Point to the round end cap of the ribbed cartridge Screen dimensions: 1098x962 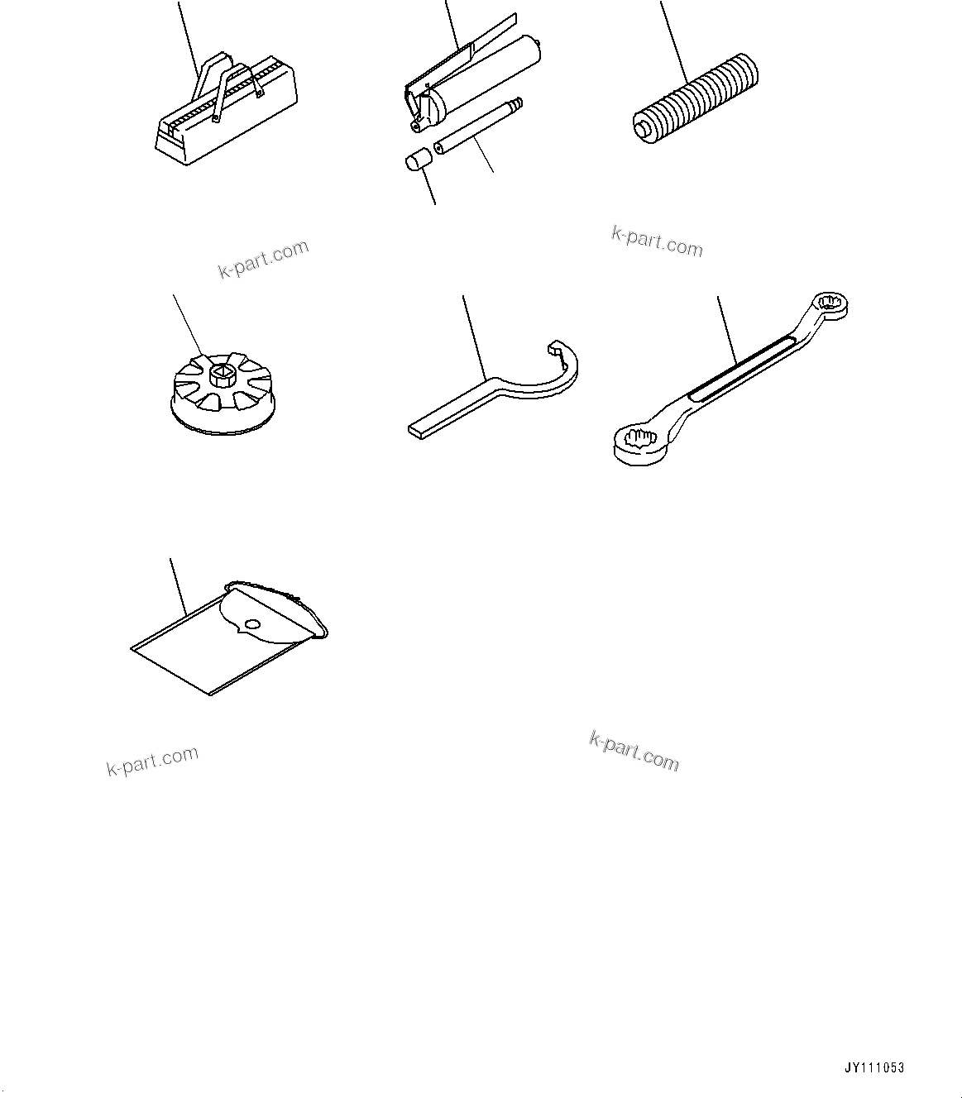pos(643,129)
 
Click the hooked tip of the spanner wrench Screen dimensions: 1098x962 pos(553,346)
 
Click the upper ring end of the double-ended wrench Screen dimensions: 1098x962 pos(830,305)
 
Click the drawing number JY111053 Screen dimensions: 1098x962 pos(875,1067)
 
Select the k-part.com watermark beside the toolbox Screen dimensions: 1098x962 pos(263,259)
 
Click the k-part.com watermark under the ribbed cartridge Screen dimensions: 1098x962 pos(657,241)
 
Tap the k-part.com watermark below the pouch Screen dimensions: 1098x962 pos(152,761)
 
